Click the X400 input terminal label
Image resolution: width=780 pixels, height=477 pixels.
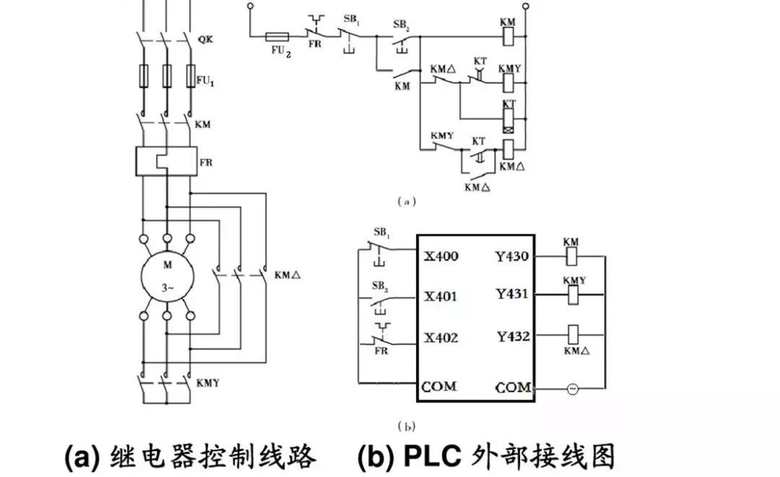coord(441,257)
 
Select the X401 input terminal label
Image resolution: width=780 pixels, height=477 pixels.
coord(441,297)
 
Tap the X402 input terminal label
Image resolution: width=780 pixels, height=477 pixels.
coord(441,338)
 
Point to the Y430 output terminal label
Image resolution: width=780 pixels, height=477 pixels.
coord(513,255)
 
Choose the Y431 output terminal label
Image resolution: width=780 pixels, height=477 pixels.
coord(513,294)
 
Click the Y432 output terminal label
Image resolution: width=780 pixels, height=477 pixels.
coord(513,336)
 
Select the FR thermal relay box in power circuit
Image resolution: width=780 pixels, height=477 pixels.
coord(166,160)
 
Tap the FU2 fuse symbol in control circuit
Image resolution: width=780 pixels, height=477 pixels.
coord(278,35)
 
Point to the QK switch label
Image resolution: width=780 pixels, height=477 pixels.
coord(204,40)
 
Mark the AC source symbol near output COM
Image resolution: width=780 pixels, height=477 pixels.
coord(572,390)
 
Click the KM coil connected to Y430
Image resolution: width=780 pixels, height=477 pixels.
coord(571,255)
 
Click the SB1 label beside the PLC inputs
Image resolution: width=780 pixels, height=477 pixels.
coord(382,232)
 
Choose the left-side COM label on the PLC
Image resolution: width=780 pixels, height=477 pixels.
coord(440,387)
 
